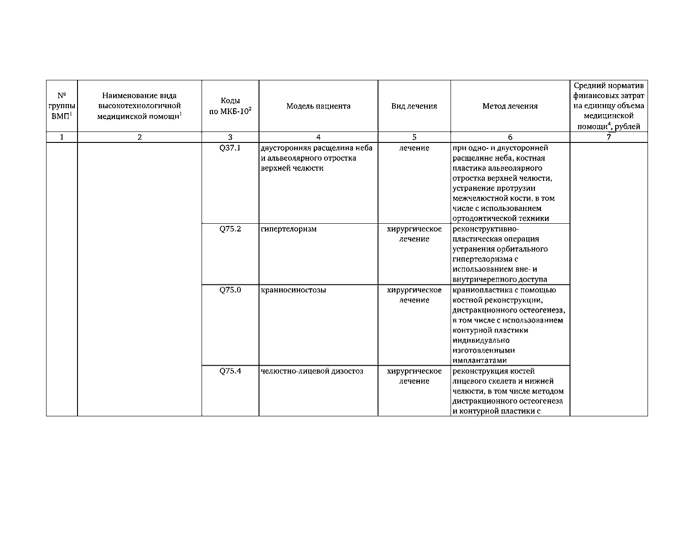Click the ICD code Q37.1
(230, 148)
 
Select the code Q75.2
(230, 229)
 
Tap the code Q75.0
(230, 290)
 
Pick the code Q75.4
(230, 371)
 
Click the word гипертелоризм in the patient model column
(288, 229)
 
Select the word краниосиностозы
(293, 290)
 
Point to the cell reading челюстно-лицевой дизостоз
(312, 371)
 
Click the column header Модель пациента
(318, 106)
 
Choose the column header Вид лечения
(414, 106)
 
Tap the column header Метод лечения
(510, 106)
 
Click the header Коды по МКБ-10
(230, 106)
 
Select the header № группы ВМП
(62, 106)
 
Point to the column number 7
(608, 137)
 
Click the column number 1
(62, 137)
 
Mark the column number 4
(318, 137)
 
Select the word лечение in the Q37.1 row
(414, 148)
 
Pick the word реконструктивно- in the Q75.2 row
(486, 229)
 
